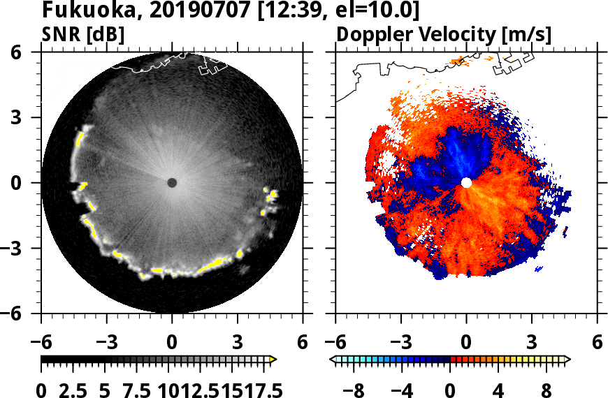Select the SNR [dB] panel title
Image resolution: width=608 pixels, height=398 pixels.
[x=83, y=34]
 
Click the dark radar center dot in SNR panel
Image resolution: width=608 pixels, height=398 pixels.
[x=172, y=183]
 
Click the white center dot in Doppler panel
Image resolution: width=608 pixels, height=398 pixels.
[x=466, y=183]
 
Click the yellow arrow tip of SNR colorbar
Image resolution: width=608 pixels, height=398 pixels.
[x=273, y=360]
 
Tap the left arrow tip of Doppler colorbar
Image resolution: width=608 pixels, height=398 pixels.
[x=333, y=360]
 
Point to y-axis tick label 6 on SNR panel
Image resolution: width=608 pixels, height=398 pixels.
[x=32, y=52]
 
